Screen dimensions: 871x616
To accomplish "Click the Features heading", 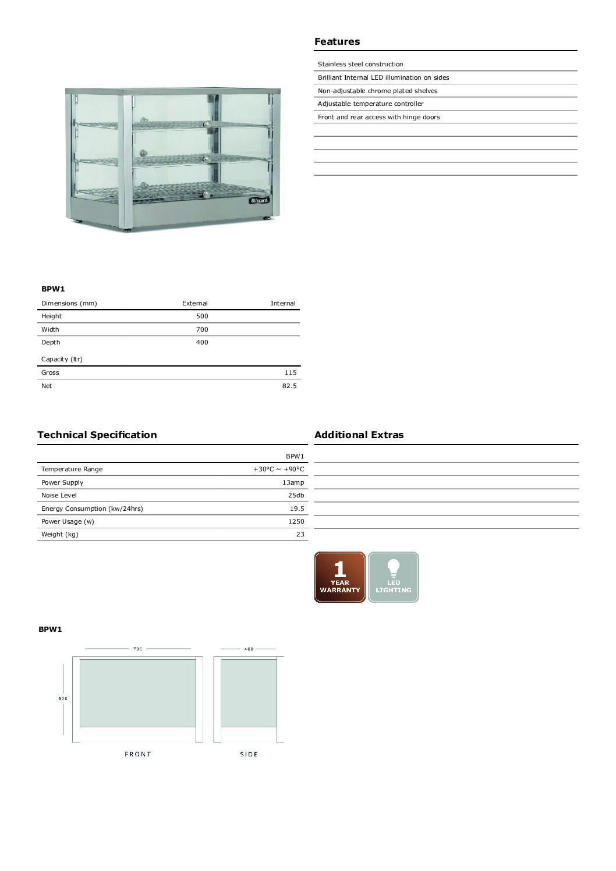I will point(337,41).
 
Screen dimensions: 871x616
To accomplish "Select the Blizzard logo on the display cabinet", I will point(259,200).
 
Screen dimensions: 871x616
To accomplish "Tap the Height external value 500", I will point(202,316).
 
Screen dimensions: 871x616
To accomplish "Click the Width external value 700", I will point(202,329).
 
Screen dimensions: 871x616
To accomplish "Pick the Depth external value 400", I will point(202,342).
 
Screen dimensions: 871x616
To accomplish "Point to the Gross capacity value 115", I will point(291,372).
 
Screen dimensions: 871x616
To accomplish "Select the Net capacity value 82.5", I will point(289,386).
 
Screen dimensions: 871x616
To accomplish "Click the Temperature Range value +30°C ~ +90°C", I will point(278,469).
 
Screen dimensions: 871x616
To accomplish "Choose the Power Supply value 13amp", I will point(293,482).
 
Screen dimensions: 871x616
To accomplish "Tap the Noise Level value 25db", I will point(296,495).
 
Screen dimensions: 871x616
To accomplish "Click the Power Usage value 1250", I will point(296,521).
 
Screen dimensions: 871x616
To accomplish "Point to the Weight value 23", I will point(300,534).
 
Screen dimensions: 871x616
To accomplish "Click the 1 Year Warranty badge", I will point(340,577).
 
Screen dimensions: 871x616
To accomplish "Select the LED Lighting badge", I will point(394,577).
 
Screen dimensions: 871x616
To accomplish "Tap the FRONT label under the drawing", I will point(138,754).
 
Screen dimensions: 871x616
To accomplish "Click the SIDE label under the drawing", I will point(249,754).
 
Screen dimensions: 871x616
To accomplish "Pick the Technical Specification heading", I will point(97,435).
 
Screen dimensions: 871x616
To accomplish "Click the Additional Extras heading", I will point(359,435).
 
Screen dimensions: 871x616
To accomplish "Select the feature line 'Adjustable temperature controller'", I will point(371,104).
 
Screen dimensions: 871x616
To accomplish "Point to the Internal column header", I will point(283,303).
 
